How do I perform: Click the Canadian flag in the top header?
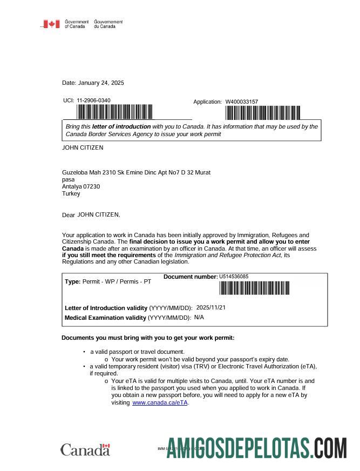[x=51, y=24]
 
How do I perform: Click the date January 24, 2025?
[x=101, y=83]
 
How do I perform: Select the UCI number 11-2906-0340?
[x=93, y=100]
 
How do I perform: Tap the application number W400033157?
[x=241, y=102]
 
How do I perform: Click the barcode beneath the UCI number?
[x=114, y=112]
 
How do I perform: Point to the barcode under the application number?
[x=262, y=113]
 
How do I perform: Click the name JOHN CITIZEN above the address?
[x=83, y=147]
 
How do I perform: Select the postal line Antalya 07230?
[x=81, y=186]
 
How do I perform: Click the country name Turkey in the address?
[x=71, y=193]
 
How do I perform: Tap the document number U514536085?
[x=234, y=277]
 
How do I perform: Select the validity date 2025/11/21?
[x=211, y=307]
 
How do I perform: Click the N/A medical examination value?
[x=199, y=317]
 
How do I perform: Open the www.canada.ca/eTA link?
[x=160, y=403]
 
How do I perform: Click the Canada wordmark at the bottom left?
[x=85, y=450]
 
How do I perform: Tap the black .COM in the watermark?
[x=330, y=448]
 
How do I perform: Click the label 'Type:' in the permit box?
[x=72, y=282]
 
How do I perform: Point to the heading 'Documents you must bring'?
[x=148, y=338]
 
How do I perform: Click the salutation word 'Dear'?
[x=69, y=215]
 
